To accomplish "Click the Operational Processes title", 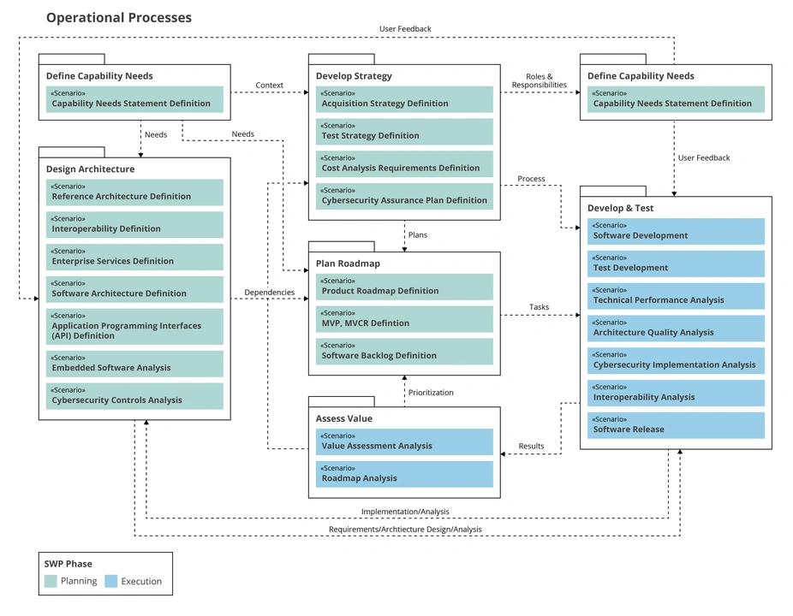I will [x=119, y=18].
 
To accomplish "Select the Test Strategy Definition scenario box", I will [x=404, y=132].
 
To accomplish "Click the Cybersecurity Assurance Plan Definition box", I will [x=404, y=196].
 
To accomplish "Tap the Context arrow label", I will [x=269, y=86].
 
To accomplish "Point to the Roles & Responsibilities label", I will [x=539, y=81].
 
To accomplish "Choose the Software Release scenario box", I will [x=676, y=425].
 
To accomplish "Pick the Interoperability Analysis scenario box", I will [x=676, y=393].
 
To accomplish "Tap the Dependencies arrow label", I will [x=269, y=293].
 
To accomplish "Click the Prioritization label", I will [x=431, y=393].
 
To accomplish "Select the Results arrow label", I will [x=531, y=446].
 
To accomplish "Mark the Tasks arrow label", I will [x=539, y=307].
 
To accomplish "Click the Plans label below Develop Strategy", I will [x=417, y=234].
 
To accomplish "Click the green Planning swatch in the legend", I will [x=51, y=581].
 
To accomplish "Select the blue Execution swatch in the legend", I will [x=110, y=581].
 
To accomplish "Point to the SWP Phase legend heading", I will [x=68, y=564].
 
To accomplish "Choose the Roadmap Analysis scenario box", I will [x=404, y=474].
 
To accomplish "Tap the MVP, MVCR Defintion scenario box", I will [x=404, y=319].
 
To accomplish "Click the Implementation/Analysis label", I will [x=404, y=512].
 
